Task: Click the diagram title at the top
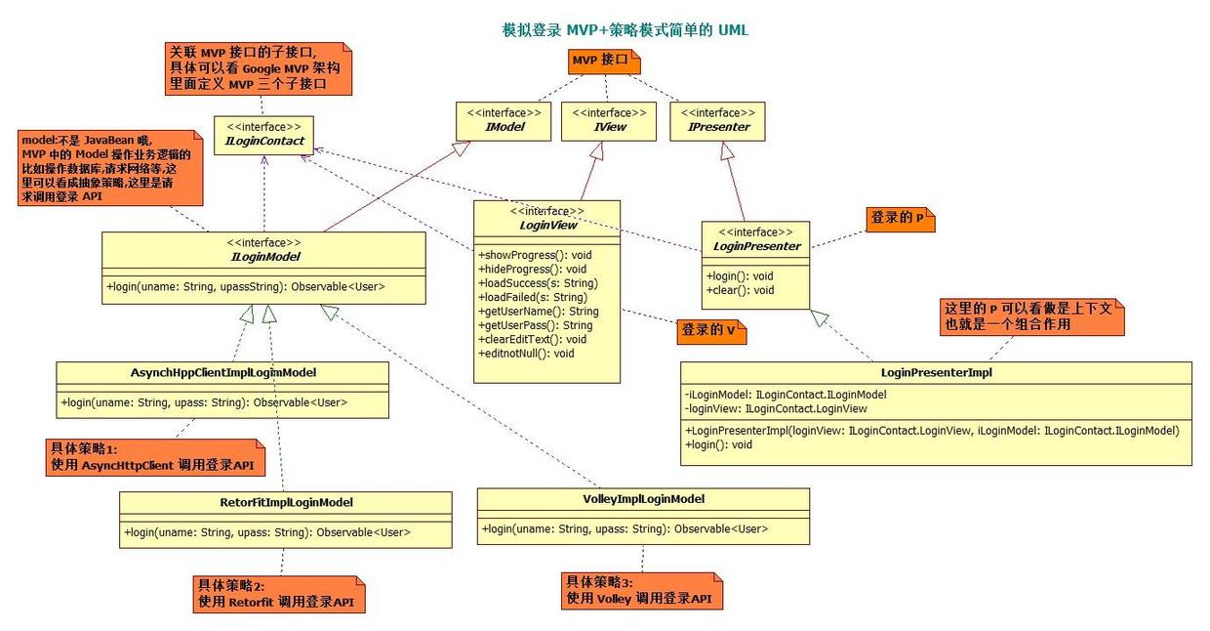(625, 30)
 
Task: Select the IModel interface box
(504, 121)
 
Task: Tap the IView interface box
(608, 121)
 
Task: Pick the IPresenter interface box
(717, 121)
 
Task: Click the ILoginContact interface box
(264, 135)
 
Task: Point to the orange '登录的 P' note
(898, 219)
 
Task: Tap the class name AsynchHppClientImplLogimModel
(223, 372)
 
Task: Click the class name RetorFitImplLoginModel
(284, 502)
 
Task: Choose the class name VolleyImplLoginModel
(643, 499)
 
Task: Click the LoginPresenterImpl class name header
(936, 372)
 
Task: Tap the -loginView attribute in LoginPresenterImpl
(776, 408)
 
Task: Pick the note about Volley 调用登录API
(641, 590)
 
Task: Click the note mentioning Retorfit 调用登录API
(279, 594)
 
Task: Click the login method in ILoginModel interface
(249, 287)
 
